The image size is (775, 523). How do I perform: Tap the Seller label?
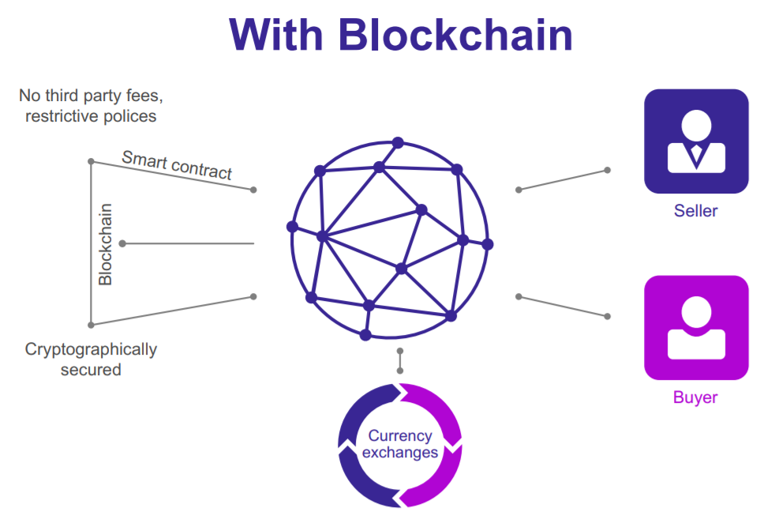[695, 211]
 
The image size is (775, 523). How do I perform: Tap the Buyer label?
[695, 397]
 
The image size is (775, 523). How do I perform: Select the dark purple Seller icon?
[696, 141]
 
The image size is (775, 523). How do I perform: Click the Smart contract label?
[177, 164]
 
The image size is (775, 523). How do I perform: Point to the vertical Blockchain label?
[105, 244]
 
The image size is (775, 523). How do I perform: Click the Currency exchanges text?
[400, 444]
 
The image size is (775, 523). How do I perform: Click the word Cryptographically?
[91, 349]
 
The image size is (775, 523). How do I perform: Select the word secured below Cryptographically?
[91, 369]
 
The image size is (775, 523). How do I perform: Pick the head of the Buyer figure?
[695, 309]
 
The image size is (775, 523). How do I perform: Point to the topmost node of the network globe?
[398, 142]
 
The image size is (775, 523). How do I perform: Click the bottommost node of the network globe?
[365, 335]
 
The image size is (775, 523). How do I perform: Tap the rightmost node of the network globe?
[488, 244]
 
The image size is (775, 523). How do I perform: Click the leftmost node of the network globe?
[292, 227]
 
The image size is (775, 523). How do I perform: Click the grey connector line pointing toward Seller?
[563, 179]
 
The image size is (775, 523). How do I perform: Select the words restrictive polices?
[91, 116]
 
